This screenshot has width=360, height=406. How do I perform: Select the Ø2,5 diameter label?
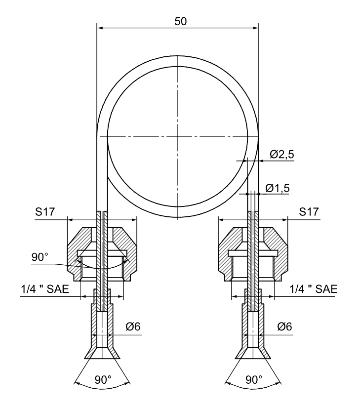tap(282, 155)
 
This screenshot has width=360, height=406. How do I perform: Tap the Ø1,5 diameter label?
tap(278, 188)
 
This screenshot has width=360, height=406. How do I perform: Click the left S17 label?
tap(45, 212)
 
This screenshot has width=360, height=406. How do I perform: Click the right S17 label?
tap(310, 212)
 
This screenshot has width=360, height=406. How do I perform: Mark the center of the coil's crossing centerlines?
tap(177, 136)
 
